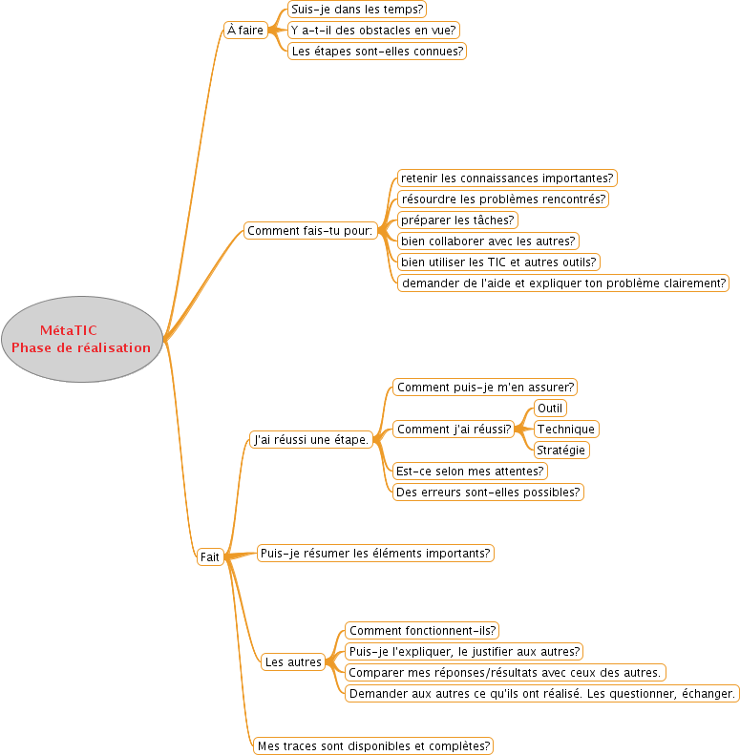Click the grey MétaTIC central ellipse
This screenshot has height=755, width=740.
(82, 339)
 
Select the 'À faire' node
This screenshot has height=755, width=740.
(245, 30)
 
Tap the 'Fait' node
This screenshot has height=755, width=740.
(210, 557)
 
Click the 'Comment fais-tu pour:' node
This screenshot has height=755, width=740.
(309, 231)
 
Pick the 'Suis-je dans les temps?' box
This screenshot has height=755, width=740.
(357, 10)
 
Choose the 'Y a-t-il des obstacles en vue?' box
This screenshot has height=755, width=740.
(373, 30)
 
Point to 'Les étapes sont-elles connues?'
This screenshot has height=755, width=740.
(377, 51)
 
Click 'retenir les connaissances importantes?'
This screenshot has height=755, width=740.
(507, 178)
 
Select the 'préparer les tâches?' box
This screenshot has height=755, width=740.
(457, 220)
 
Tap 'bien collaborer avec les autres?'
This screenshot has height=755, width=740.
(488, 241)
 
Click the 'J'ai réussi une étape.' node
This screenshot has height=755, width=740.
(311, 440)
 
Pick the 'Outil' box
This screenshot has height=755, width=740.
(550, 409)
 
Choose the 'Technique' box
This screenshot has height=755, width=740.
(566, 429)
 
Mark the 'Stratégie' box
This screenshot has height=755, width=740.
(561, 451)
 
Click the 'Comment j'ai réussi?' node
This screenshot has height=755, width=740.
(454, 429)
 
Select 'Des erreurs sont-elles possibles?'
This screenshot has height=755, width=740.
(488, 493)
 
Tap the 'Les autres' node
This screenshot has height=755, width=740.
(293, 662)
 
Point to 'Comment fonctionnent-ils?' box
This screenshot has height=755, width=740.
(422, 631)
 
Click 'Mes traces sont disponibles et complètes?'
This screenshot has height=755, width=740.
(373, 745)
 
